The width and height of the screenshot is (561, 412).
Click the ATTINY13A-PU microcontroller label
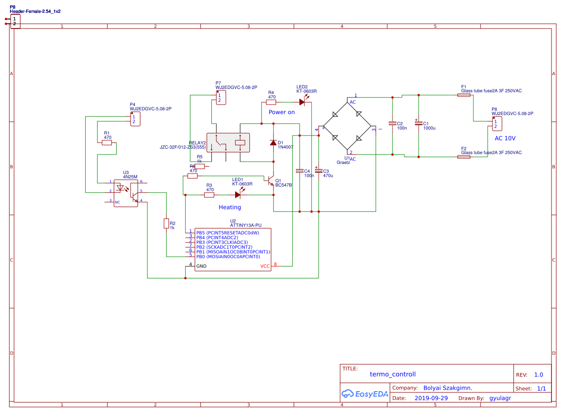point(246,225)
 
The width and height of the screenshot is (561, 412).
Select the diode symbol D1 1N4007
point(273,143)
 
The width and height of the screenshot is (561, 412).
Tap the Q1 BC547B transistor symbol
point(270,182)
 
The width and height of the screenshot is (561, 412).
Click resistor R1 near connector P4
point(107,143)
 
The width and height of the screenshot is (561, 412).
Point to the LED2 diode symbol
point(302,102)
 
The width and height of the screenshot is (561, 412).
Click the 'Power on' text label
point(282,112)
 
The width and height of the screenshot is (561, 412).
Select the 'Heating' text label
point(230,207)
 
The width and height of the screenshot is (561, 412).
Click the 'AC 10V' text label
point(505,138)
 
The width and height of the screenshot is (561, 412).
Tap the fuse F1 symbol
point(464,95)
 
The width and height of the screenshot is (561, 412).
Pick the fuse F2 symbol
point(464,156)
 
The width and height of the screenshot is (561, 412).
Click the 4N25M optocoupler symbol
point(126,192)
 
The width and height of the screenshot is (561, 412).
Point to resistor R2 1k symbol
point(166,223)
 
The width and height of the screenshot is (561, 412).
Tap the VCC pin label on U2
point(265,267)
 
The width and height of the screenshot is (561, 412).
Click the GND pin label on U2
point(201,266)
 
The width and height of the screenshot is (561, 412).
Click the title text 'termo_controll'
point(393,374)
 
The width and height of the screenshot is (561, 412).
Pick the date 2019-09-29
point(431,398)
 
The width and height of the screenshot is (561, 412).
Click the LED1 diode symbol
point(238,194)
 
